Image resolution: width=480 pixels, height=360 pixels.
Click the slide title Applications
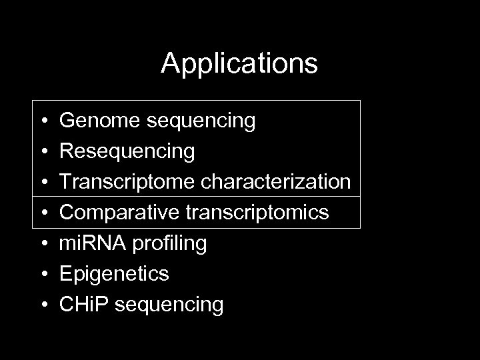pyautogui.click(x=239, y=64)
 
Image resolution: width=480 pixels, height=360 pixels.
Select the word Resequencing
pyautogui.click(x=127, y=152)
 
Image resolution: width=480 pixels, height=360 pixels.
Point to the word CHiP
pyautogui.click(x=82, y=305)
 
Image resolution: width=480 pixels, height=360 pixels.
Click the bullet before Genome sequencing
pyautogui.click(x=43, y=122)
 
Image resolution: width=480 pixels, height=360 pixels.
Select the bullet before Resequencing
pyautogui.click(x=43, y=153)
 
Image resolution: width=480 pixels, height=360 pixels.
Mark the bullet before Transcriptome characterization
pyautogui.click(x=43, y=183)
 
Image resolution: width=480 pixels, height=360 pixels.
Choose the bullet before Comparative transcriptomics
pyautogui.click(x=43, y=214)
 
